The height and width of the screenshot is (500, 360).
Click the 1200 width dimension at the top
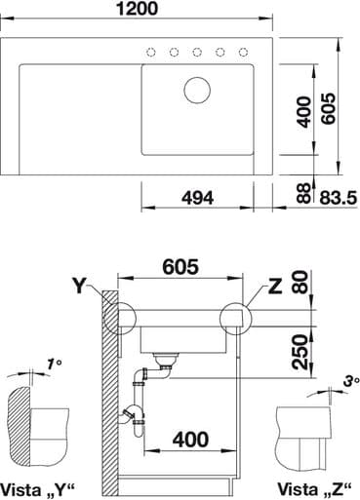pyautogui.click(x=137, y=9)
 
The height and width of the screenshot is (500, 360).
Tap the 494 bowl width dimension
pyautogui.click(x=197, y=198)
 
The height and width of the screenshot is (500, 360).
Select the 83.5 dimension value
pyautogui.click(x=338, y=198)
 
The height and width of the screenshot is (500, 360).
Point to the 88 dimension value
pyautogui.click(x=304, y=193)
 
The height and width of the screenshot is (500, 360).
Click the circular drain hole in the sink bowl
pyautogui.click(x=197, y=91)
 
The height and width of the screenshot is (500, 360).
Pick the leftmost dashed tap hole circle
pyautogui.click(x=150, y=52)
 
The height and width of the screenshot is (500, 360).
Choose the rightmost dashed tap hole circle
pyautogui.click(x=244, y=52)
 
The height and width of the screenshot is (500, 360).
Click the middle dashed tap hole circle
pyautogui.click(x=197, y=52)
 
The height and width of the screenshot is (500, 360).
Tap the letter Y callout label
pyautogui.click(x=79, y=286)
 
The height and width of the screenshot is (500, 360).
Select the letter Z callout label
pyautogui.click(x=275, y=287)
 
